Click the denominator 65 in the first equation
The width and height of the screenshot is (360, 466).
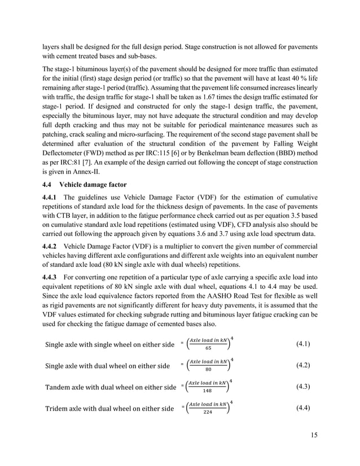[208, 349]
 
